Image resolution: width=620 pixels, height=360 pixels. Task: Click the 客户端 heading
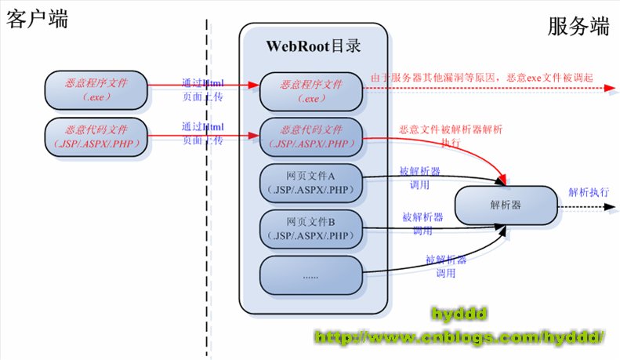(38, 19)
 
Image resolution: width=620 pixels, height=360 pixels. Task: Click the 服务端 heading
(578, 27)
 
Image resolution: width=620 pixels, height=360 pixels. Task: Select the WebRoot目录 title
(314, 45)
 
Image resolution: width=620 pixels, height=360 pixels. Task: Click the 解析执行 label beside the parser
(589, 191)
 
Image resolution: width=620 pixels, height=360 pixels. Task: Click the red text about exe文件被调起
(483, 78)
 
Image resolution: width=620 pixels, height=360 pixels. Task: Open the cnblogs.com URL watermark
(459, 337)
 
